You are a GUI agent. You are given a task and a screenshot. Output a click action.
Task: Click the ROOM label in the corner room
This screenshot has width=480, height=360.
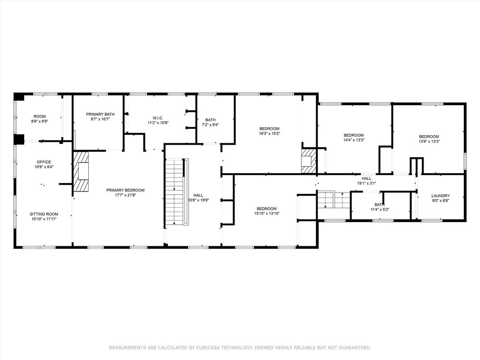coord(39,116)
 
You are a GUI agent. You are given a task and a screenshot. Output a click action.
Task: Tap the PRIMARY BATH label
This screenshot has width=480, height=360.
coord(100,114)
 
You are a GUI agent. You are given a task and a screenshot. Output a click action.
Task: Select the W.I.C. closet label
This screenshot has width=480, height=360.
coord(158,118)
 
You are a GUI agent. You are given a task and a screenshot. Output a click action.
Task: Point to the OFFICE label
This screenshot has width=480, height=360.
coord(44,162)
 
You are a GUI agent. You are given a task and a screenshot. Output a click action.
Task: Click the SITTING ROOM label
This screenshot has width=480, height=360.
coord(44,214)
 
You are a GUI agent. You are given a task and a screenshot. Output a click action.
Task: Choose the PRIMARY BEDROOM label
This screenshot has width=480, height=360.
coord(125,190)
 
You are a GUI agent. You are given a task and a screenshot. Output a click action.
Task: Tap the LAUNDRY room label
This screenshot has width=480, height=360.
coord(441,196)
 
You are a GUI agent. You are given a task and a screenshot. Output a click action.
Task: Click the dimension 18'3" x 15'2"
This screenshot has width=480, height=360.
coord(270,133)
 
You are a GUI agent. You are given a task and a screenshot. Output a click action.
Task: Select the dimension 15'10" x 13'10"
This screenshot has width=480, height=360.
coord(267,214)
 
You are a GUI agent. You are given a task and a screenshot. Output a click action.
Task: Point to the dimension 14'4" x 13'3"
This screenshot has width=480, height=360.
coord(354,140)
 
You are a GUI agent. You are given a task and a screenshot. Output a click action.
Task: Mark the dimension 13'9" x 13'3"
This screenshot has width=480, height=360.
coord(429,141)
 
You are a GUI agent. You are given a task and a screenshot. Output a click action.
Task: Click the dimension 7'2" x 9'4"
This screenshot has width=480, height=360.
coord(210,124)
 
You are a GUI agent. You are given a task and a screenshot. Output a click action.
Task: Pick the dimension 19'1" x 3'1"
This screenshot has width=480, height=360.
coord(366,184)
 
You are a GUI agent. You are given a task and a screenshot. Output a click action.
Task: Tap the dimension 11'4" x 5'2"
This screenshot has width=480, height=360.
coord(380,210)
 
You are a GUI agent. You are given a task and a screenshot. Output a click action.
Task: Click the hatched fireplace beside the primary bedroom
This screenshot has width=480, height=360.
coord(81,171)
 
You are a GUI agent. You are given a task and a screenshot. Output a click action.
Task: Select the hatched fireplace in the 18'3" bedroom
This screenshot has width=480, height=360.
coord(309,161)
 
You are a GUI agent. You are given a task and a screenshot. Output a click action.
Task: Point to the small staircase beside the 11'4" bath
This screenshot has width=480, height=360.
coord(334,200)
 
